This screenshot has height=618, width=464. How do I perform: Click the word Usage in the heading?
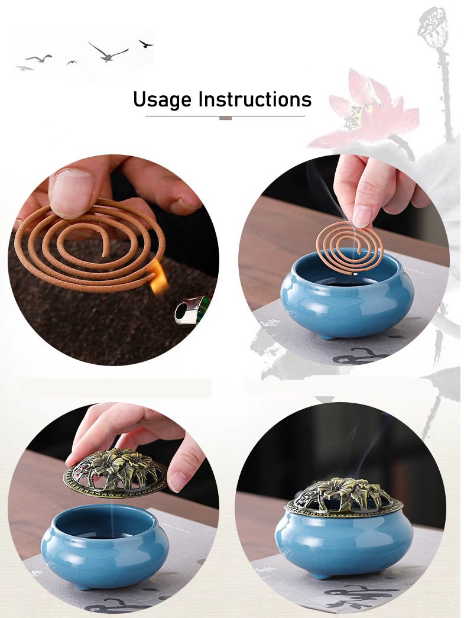pos(162,99)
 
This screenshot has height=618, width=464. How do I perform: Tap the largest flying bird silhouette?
pos(108,53)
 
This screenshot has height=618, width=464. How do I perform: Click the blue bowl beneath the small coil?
pos(346,296)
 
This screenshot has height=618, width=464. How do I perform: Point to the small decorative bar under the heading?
pos(225,118)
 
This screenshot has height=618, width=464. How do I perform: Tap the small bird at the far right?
pos(146,43)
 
